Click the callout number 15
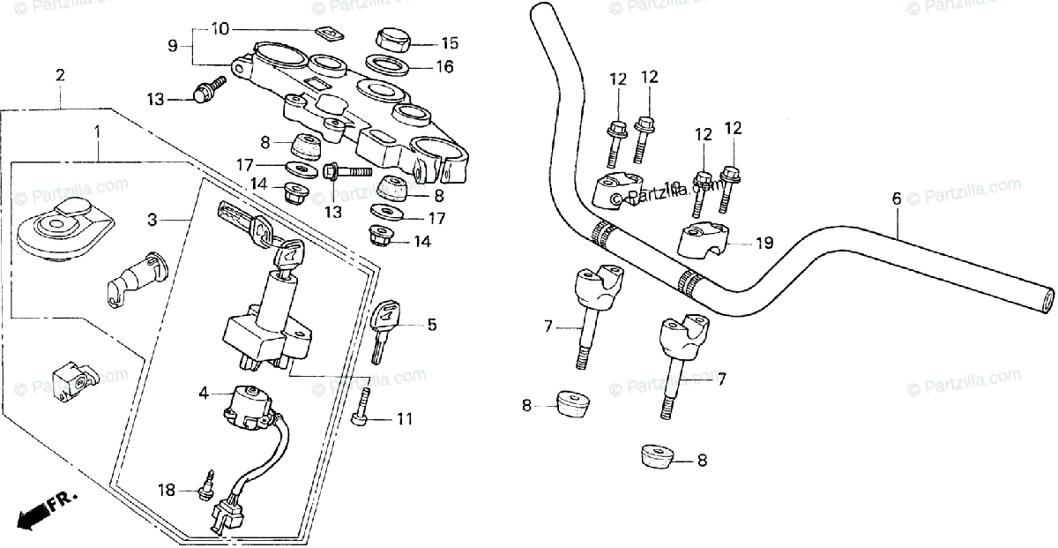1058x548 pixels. (x=450, y=42)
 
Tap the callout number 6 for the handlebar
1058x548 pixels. (x=897, y=199)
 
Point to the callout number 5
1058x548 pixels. (x=431, y=325)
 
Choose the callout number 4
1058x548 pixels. (x=204, y=394)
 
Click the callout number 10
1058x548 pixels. (x=220, y=29)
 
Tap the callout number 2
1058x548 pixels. (x=60, y=75)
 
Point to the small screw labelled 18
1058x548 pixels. (x=210, y=482)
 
